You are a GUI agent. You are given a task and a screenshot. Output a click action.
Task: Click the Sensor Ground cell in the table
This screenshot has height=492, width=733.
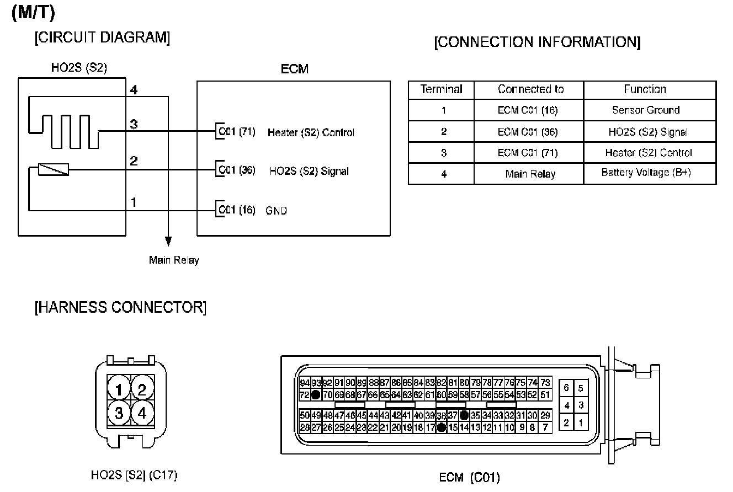tap(645, 110)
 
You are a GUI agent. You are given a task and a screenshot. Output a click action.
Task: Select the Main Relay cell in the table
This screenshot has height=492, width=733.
tap(530, 174)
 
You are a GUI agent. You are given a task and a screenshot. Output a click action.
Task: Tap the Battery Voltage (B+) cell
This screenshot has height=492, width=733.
tap(645, 173)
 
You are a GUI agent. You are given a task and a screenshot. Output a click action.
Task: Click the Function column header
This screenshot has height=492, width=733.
tap(645, 89)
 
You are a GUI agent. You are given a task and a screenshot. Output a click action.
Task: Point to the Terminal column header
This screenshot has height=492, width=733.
tap(441, 89)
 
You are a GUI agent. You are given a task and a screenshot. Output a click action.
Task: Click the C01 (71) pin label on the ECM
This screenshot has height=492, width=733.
tap(237, 132)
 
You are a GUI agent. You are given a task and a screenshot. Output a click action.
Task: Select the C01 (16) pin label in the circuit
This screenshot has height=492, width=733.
tap(237, 210)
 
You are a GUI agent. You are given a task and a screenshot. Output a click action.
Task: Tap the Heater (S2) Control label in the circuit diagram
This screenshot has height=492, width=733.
tap(311, 132)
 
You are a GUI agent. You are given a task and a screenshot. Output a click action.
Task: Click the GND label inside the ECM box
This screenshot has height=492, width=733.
tap(277, 211)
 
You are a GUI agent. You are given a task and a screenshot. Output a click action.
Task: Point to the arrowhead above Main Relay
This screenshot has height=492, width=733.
tap(168, 242)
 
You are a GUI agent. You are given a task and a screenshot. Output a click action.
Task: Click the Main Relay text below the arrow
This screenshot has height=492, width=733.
tap(173, 260)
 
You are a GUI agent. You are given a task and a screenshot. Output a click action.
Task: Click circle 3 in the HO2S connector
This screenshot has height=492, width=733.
tap(119, 413)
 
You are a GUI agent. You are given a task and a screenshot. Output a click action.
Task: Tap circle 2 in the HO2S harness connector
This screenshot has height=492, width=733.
tap(142, 390)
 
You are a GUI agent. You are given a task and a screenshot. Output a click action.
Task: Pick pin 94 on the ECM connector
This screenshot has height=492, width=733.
tap(305, 383)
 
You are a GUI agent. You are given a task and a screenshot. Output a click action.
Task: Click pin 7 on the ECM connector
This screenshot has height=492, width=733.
tap(545, 427)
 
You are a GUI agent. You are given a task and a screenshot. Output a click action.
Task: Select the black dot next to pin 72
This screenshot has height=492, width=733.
tap(316, 395)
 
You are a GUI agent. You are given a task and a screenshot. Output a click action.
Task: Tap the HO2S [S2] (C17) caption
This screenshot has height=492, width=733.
tap(134, 474)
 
